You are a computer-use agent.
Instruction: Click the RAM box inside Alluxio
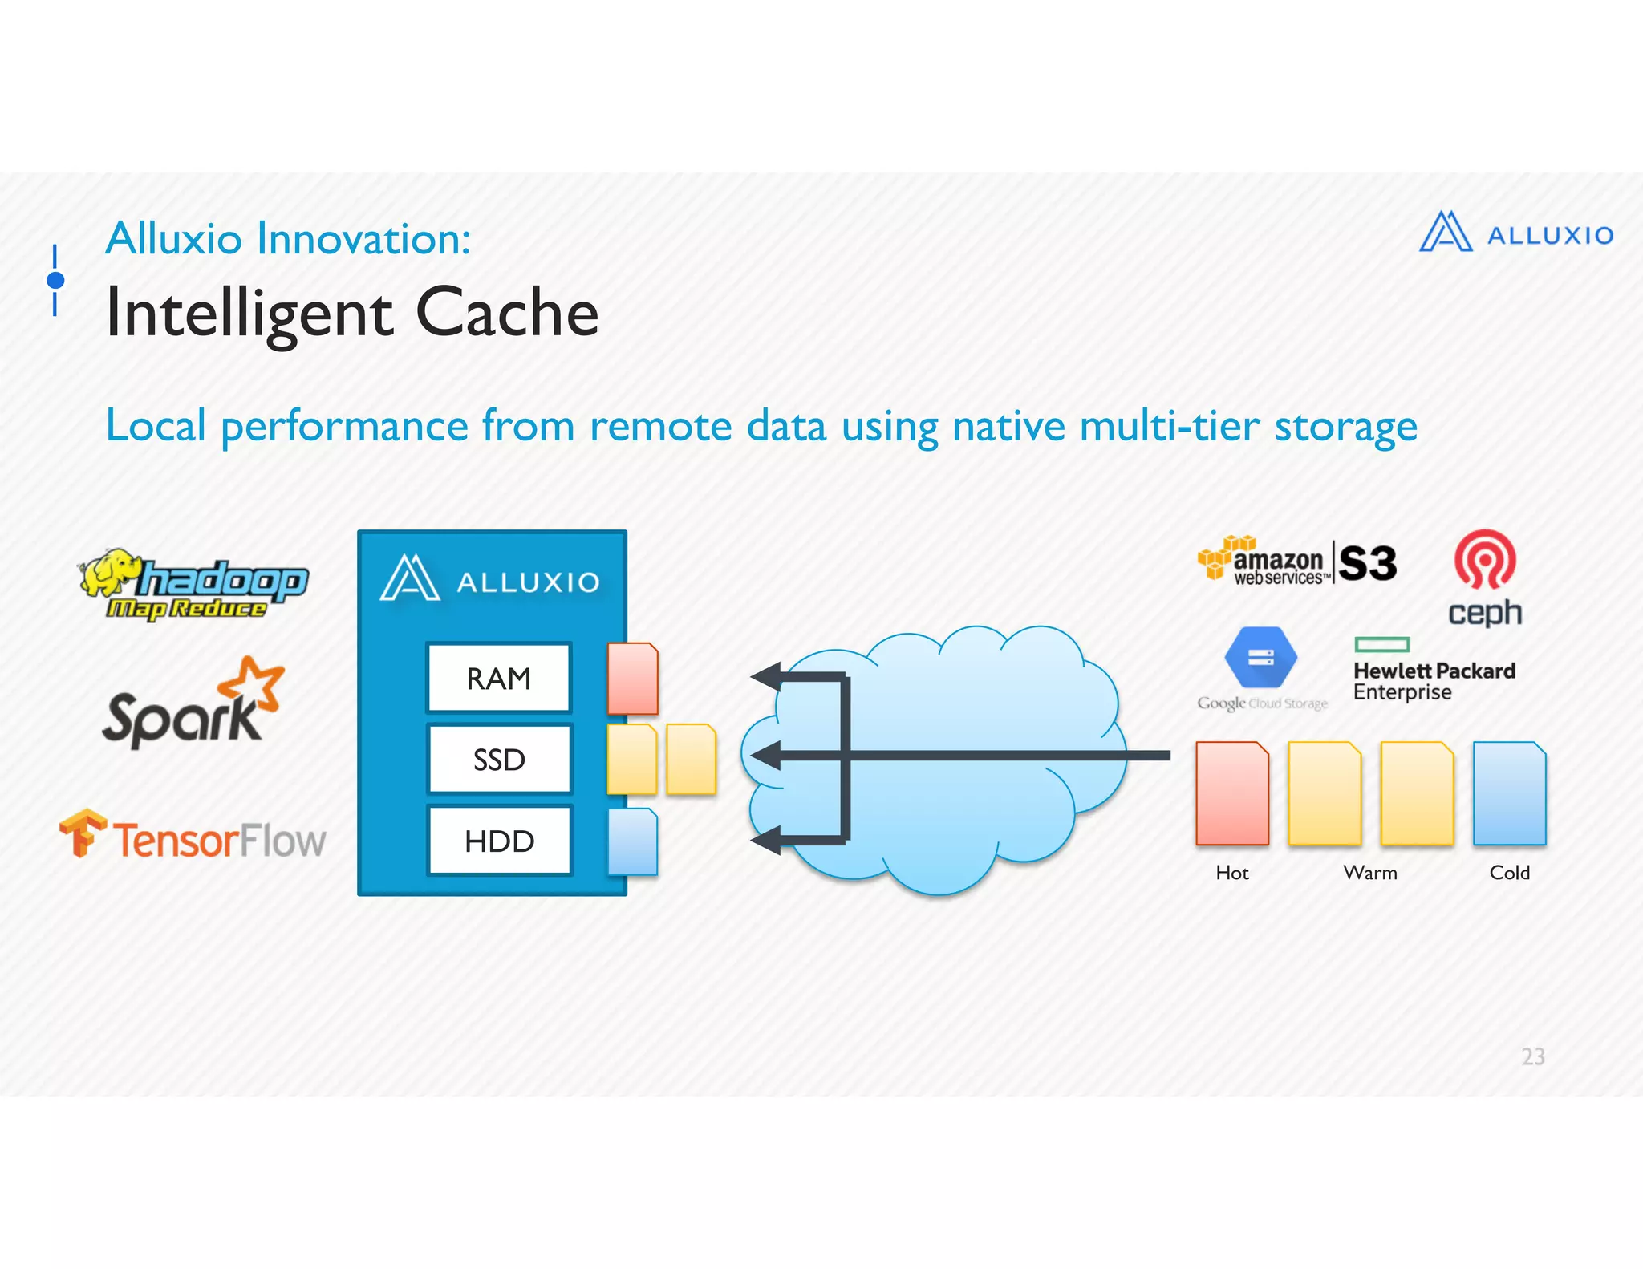pyautogui.click(x=498, y=678)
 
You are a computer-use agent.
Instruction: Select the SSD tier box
pyautogui.click(x=498, y=759)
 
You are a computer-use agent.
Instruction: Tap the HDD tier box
pyautogui.click(x=498, y=841)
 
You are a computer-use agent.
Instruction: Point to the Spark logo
pyautogui.click(x=193, y=704)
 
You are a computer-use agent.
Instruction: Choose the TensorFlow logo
pyautogui.click(x=193, y=837)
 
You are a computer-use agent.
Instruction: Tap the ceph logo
pyautogui.click(x=1484, y=578)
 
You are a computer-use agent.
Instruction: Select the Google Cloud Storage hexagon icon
pyautogui.click(x=1260, y=658)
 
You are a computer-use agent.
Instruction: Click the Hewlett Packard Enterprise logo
pyautogui.click(x=1433, y=671)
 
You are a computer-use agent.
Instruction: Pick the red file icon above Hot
pyautogui.click(x=1231, y=793)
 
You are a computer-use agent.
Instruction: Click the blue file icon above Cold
pyautogui.click(x=1509, y=793)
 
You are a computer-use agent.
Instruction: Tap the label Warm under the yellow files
pyautogui.click(x=1370, y=873)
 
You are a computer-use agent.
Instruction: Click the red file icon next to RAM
pyautogui.click(x=632, y=678)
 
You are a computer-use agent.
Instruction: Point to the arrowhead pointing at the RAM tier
pyautogui.click(x=767, y=676)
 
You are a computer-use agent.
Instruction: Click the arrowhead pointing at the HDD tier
pyautogui.click(x=767, y=840)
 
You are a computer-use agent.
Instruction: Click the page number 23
pyautogui.click(x=1532, y=1056)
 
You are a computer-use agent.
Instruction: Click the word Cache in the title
pyautogui.click(x=507, y=313)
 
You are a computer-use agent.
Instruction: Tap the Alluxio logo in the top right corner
pyautogui.click(x=1515, y=233)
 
